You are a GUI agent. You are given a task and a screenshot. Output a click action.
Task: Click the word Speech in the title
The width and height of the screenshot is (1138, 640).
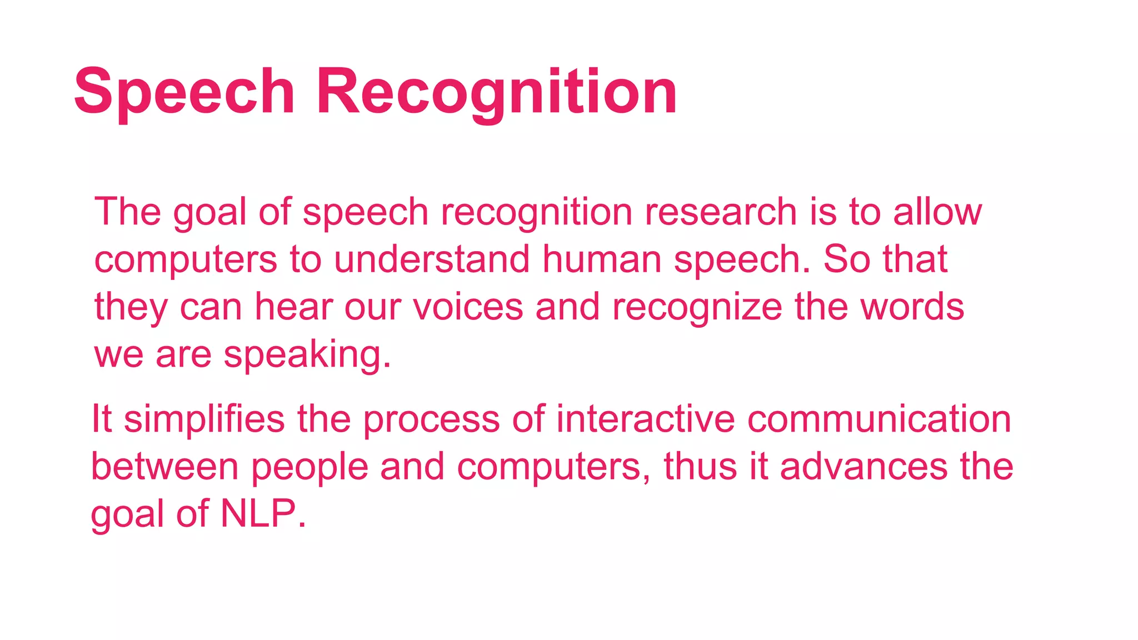pos(184,92)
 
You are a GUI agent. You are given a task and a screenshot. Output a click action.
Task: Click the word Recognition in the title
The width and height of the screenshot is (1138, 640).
pos(497,92)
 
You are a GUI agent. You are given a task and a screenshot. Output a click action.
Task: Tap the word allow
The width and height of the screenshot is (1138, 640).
pos(937,213)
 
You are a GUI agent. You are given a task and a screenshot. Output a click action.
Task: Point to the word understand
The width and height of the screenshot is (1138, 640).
pos(432,260)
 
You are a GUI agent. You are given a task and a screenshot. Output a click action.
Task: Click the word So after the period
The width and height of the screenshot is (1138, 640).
pos(846,260)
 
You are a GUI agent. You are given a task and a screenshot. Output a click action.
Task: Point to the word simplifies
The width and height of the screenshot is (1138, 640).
pos(204,419)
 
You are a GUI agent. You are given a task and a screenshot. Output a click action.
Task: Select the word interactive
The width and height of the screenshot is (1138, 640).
pos(645,419)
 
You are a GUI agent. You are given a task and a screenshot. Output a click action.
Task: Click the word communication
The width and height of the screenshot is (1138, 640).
pos(879,419)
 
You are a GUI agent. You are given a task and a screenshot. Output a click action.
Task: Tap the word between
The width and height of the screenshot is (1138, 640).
pos(165,467)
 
